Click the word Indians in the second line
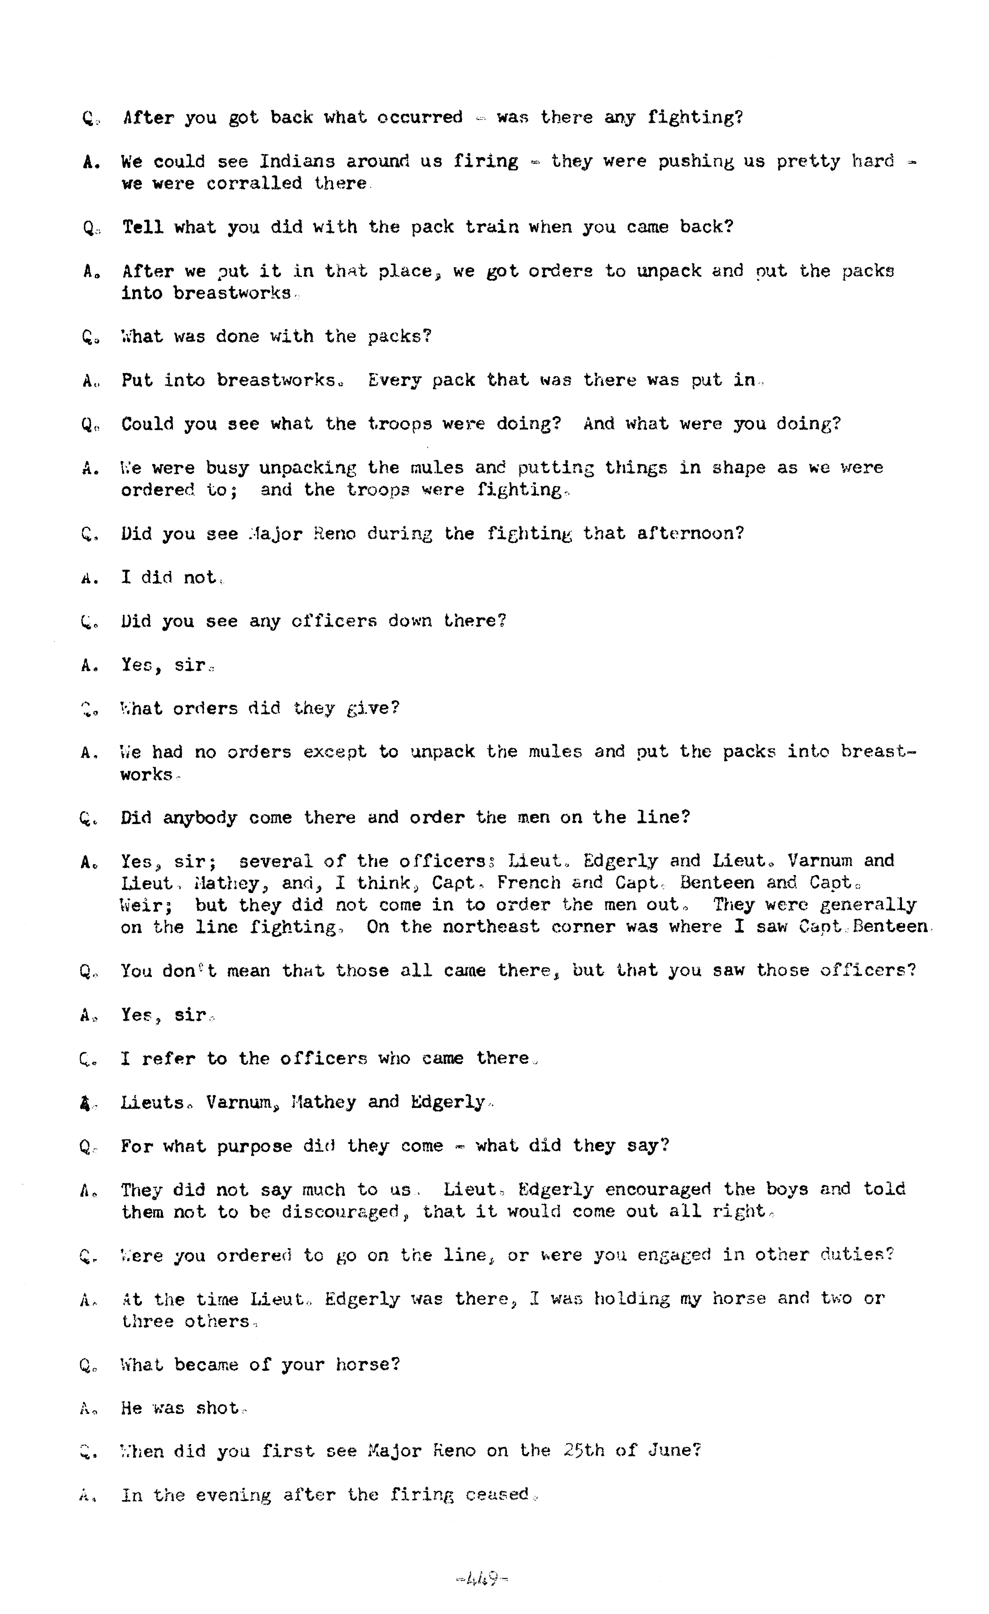[x=297, y=161]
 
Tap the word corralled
[x=254, y=183]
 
